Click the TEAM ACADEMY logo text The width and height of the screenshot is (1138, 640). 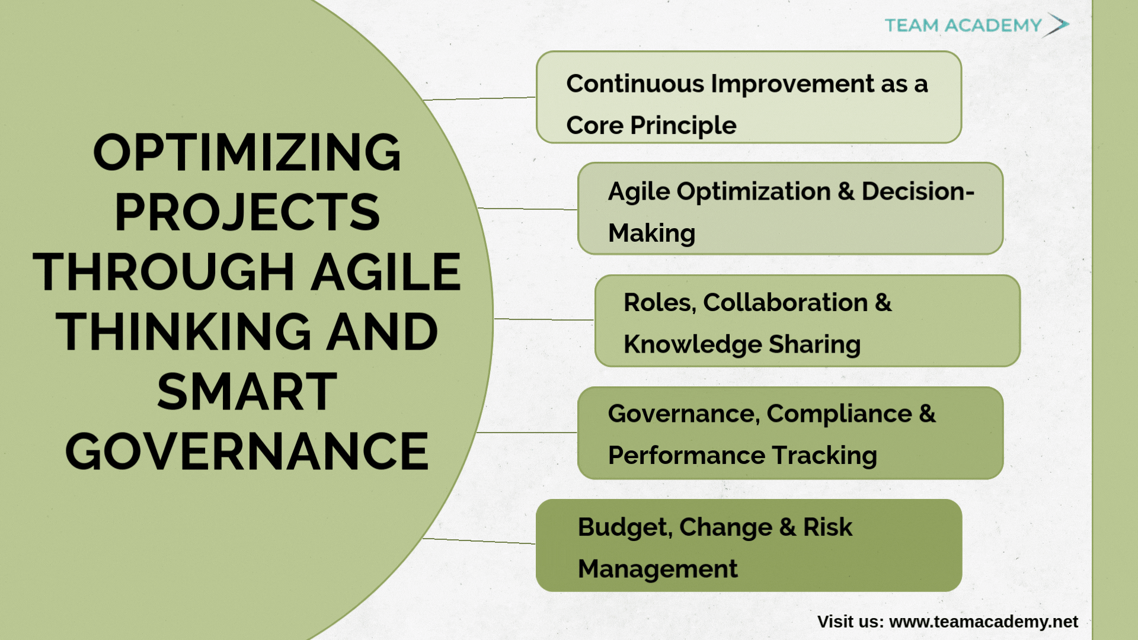(963, 25)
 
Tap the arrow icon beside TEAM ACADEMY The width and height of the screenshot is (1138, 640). (1057, 24)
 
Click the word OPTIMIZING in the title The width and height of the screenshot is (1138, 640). (247, 152)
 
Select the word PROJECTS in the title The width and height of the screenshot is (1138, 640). (247, 212)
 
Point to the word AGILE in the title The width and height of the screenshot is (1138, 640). (386, 272)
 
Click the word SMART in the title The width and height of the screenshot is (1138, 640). (247, 392)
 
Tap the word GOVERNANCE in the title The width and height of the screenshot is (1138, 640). (247, 452)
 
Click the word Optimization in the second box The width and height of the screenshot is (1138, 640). (753, 191)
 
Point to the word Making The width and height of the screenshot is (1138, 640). (652, 233)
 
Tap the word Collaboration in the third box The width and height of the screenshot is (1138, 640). (785, 303)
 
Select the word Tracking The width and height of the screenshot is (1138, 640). (824, 456)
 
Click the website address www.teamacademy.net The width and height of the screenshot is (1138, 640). (983, 622)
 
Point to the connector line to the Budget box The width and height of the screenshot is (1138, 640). (480, 541)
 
